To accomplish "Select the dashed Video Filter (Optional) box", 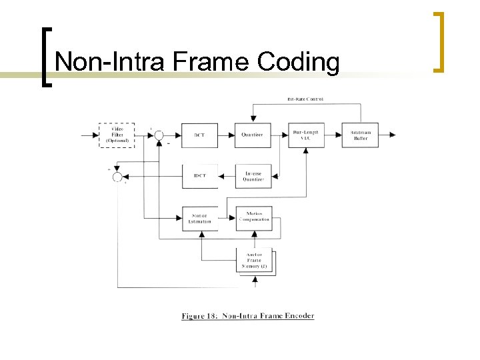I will tap(117, 135).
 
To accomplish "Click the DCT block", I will tap(199, 135).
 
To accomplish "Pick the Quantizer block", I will tap(253, 135).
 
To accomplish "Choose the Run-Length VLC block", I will tap(305, 135).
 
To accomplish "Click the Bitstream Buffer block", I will tap(360, 135).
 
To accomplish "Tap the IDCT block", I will tap(199, 176).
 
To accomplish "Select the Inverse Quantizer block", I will tap(253, 176).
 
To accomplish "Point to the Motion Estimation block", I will tap(199, 219).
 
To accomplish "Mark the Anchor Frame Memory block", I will tap(254, 260).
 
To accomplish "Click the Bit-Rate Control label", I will tap(305, 99).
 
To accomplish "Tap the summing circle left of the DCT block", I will tap(159, 135).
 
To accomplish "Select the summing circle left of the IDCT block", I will tap(117, 176).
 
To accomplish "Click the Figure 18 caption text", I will tap(247, 315).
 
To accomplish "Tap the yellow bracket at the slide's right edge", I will tap(439, 41).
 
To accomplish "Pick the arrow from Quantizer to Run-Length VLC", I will tap(279, 135).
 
